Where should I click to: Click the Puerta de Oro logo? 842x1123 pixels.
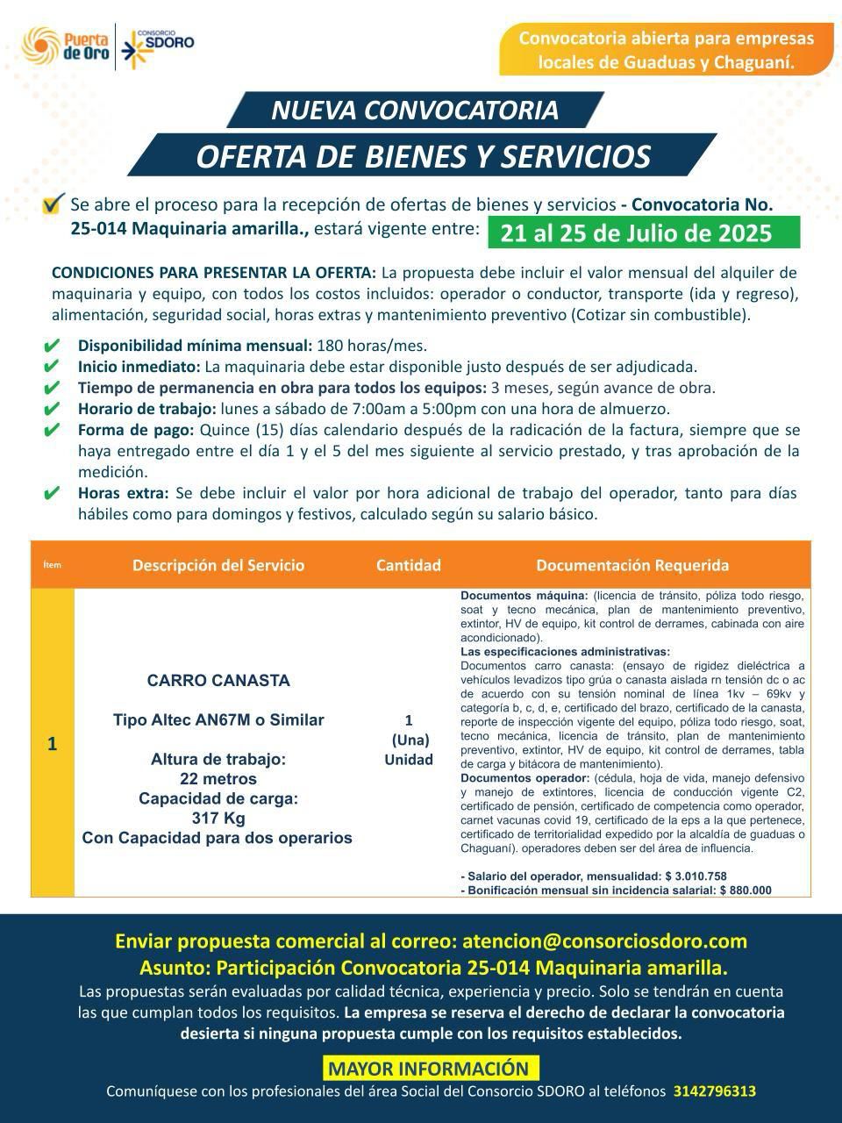point(67,45)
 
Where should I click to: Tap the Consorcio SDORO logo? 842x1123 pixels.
point(159,45)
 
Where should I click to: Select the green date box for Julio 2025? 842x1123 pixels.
point(637,233)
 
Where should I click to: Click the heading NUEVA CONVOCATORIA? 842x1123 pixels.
point(414,110)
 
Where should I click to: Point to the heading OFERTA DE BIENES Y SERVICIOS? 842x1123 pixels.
point(423,156)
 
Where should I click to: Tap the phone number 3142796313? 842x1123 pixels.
point(715,1091)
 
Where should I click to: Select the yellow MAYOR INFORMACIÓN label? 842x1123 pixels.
point(429,1069)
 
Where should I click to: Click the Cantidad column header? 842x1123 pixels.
point(409,565)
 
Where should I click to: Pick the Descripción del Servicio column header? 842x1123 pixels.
point(218,565)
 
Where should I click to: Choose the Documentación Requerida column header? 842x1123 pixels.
point(632,565)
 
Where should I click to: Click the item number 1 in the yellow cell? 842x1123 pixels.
point(53,744)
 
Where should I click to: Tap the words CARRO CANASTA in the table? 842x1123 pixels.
point(218,680)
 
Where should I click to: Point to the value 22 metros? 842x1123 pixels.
point(218,779)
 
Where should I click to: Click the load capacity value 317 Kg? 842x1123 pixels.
point(218,819)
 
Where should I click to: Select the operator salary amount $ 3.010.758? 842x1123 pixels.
point(696,876)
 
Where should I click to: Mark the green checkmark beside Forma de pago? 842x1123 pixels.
point(52,430)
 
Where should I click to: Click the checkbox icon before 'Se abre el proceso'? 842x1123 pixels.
point(54,204)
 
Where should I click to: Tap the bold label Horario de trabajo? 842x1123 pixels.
point(146,409)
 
